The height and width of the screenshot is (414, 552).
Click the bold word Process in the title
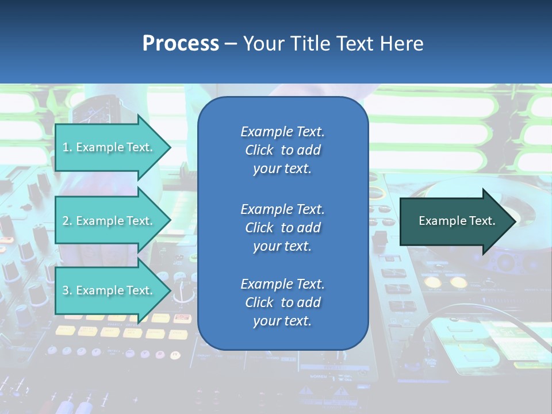point(181,44)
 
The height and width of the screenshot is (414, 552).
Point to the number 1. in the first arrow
point(67,147)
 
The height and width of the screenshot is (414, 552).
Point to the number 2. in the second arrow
point(67,221)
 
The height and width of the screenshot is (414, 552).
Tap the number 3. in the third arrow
point(67,290)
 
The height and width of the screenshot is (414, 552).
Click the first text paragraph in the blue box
point(282,150)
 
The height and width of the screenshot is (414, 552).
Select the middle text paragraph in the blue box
point(282,228)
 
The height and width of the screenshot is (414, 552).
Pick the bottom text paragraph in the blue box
point(282,302)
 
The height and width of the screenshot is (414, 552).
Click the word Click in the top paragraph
point(259,150)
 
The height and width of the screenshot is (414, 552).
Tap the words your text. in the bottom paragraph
point(282,321)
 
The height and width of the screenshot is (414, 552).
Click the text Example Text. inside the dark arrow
point(457,221)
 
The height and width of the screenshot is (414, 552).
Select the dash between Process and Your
point(231,44)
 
